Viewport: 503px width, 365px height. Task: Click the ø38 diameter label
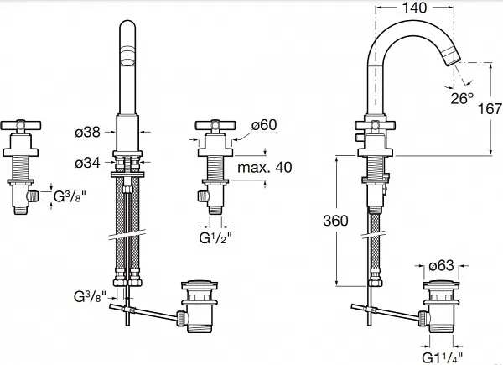pos(87,132)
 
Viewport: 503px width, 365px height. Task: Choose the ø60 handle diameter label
pos(263,126)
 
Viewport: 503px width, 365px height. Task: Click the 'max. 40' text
pos(263,167)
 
